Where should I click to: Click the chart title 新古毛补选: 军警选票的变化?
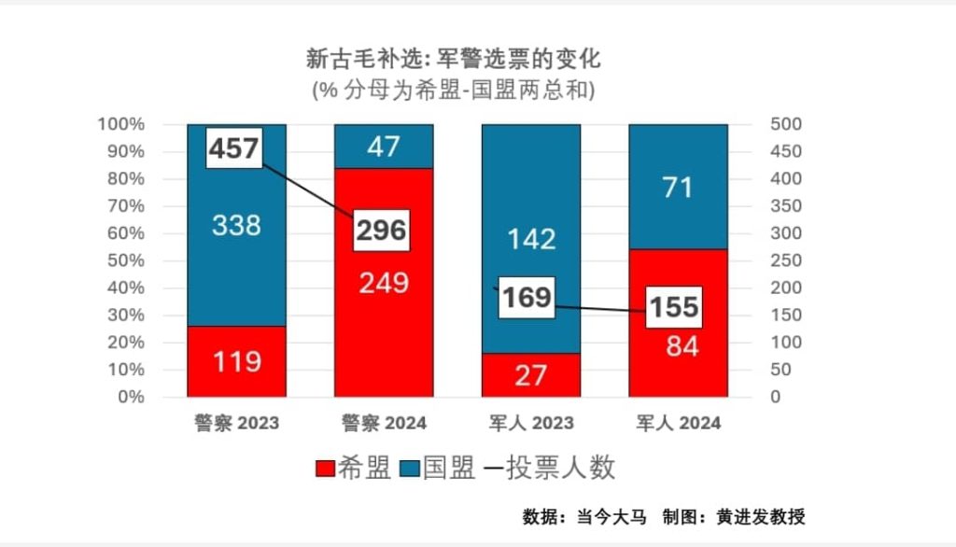pyautogui.click(x=454, y=61)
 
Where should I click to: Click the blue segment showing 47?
pyautogui.click(x=384, y=147)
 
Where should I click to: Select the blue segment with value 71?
pyautogui.click(x=678, y=187)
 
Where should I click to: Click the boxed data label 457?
pyautogui.click(x=233, y=148)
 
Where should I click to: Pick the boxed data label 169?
pyautogui.click(x=527, y=298)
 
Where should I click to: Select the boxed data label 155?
pyautogui.click(x=674, y=307)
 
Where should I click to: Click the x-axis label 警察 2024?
pyautogui.click(x=384, y=423)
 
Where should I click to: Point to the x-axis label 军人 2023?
pyautogui.click(x=530, y=423)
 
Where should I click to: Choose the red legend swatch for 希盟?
pyautogui.click(x=327, y=468)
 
